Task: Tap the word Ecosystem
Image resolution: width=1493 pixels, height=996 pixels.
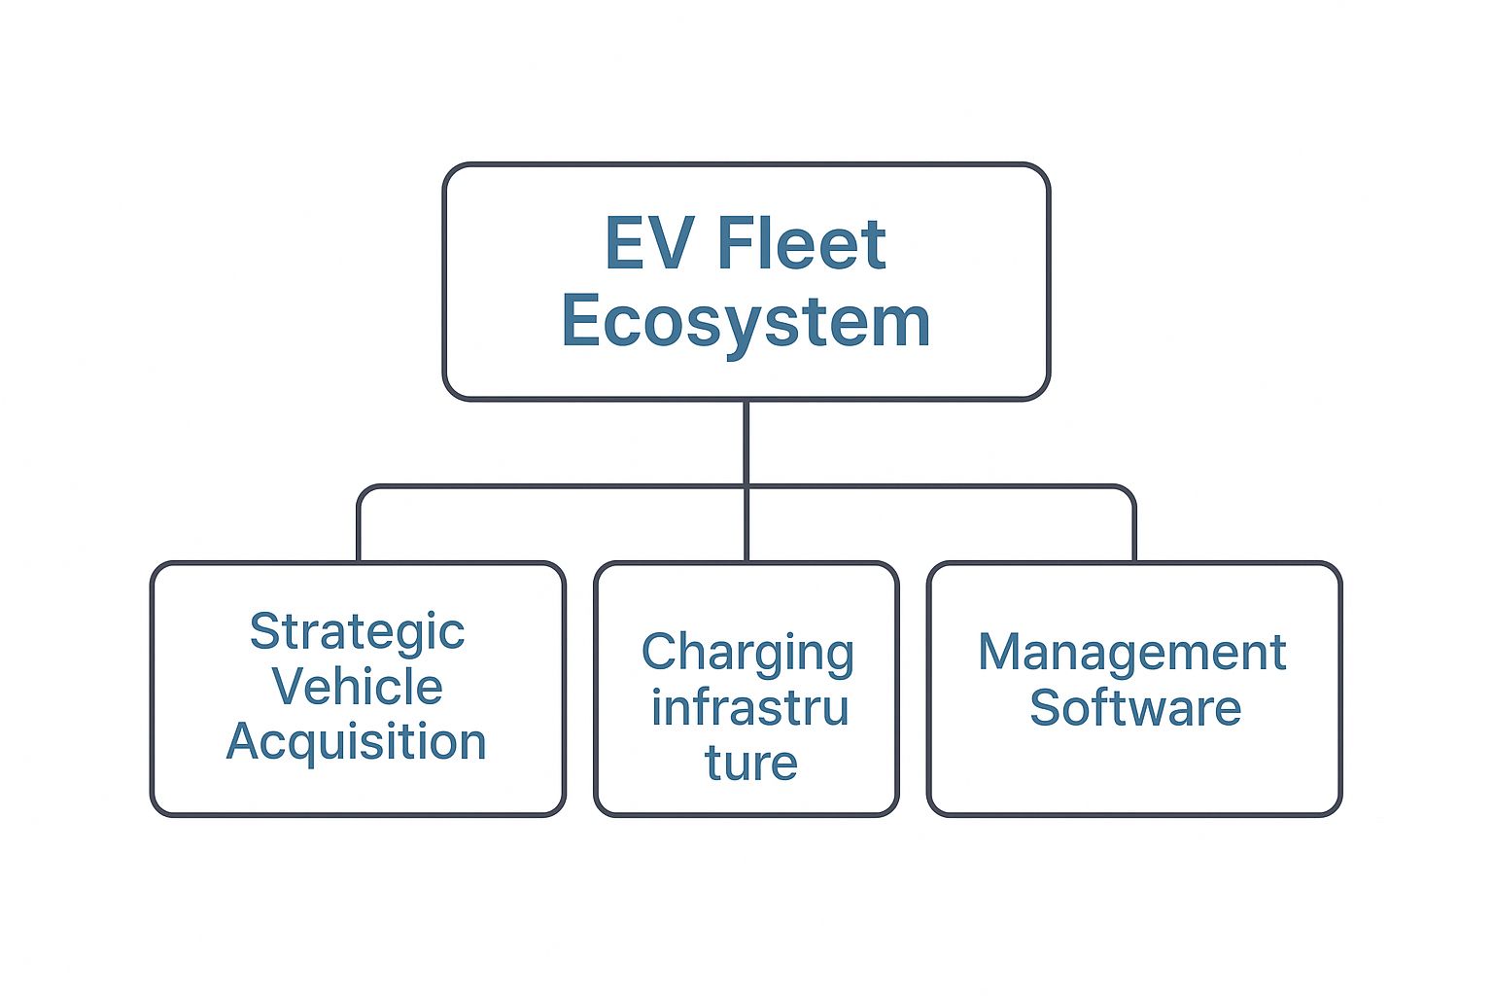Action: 746,322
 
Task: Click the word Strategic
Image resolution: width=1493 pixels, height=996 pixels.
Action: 357,632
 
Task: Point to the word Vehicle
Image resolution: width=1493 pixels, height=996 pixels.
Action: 357,687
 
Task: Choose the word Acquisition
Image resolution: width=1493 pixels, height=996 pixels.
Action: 357,742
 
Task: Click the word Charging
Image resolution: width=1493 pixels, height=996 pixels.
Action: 746,653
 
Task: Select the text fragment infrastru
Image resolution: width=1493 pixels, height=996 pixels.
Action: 749,707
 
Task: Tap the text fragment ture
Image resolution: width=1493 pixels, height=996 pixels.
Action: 750,763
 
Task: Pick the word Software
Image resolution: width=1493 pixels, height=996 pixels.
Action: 1134,708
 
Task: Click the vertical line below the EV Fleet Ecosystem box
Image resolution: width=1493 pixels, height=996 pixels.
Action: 746,443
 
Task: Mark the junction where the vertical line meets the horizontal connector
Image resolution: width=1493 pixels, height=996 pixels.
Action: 746,486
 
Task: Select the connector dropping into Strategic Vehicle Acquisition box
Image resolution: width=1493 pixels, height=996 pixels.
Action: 359,530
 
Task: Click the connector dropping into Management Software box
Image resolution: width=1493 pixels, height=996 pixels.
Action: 1134,530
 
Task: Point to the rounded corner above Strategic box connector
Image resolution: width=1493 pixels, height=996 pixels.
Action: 364,491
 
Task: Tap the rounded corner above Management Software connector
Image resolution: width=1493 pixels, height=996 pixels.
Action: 1128,491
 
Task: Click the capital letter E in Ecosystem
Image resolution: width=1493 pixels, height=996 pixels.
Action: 580,322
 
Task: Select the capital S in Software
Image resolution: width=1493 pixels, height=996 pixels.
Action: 1045,708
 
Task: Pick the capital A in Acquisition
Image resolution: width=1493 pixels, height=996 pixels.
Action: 242,742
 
